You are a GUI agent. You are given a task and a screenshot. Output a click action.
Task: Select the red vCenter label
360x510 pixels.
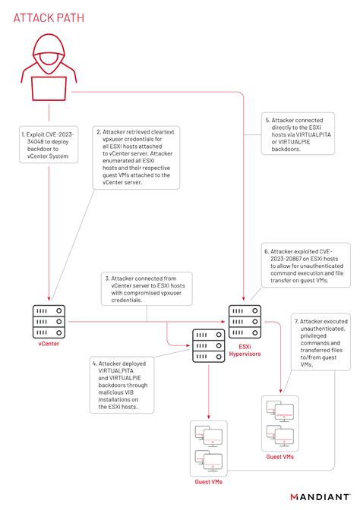49,344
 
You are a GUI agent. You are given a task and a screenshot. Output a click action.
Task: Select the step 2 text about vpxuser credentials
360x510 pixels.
132,159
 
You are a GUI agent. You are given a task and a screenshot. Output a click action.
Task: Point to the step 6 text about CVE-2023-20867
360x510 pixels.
295,265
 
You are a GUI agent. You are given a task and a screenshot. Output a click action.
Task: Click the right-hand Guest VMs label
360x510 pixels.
280,457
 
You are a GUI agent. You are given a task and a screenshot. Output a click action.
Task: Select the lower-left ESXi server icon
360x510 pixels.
208,346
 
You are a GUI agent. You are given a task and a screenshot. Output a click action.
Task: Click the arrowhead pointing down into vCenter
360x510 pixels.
50,298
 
